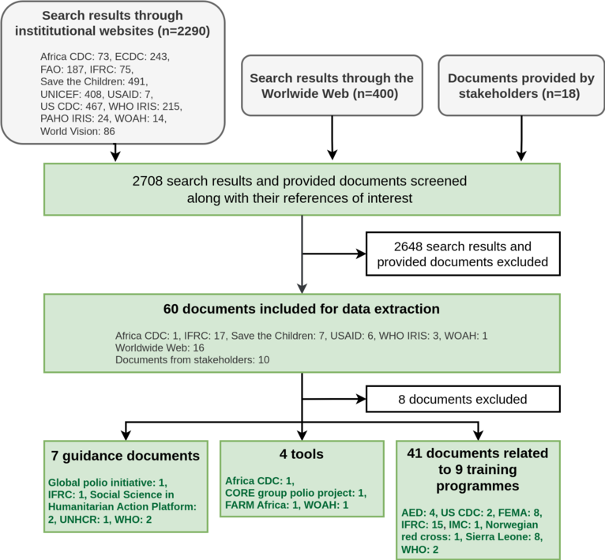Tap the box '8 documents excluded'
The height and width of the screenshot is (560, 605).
coord(462,399)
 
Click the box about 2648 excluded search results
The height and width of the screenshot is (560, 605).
coord(462,254)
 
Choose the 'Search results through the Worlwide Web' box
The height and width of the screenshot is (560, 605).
coord(332,86)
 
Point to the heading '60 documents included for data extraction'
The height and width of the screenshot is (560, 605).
coord(302,308)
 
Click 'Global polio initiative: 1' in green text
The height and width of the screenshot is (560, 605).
coord(107,481)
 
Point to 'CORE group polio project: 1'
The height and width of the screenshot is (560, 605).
coord(295,493)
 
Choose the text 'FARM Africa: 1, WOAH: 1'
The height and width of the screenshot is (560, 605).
coord(286,506)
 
